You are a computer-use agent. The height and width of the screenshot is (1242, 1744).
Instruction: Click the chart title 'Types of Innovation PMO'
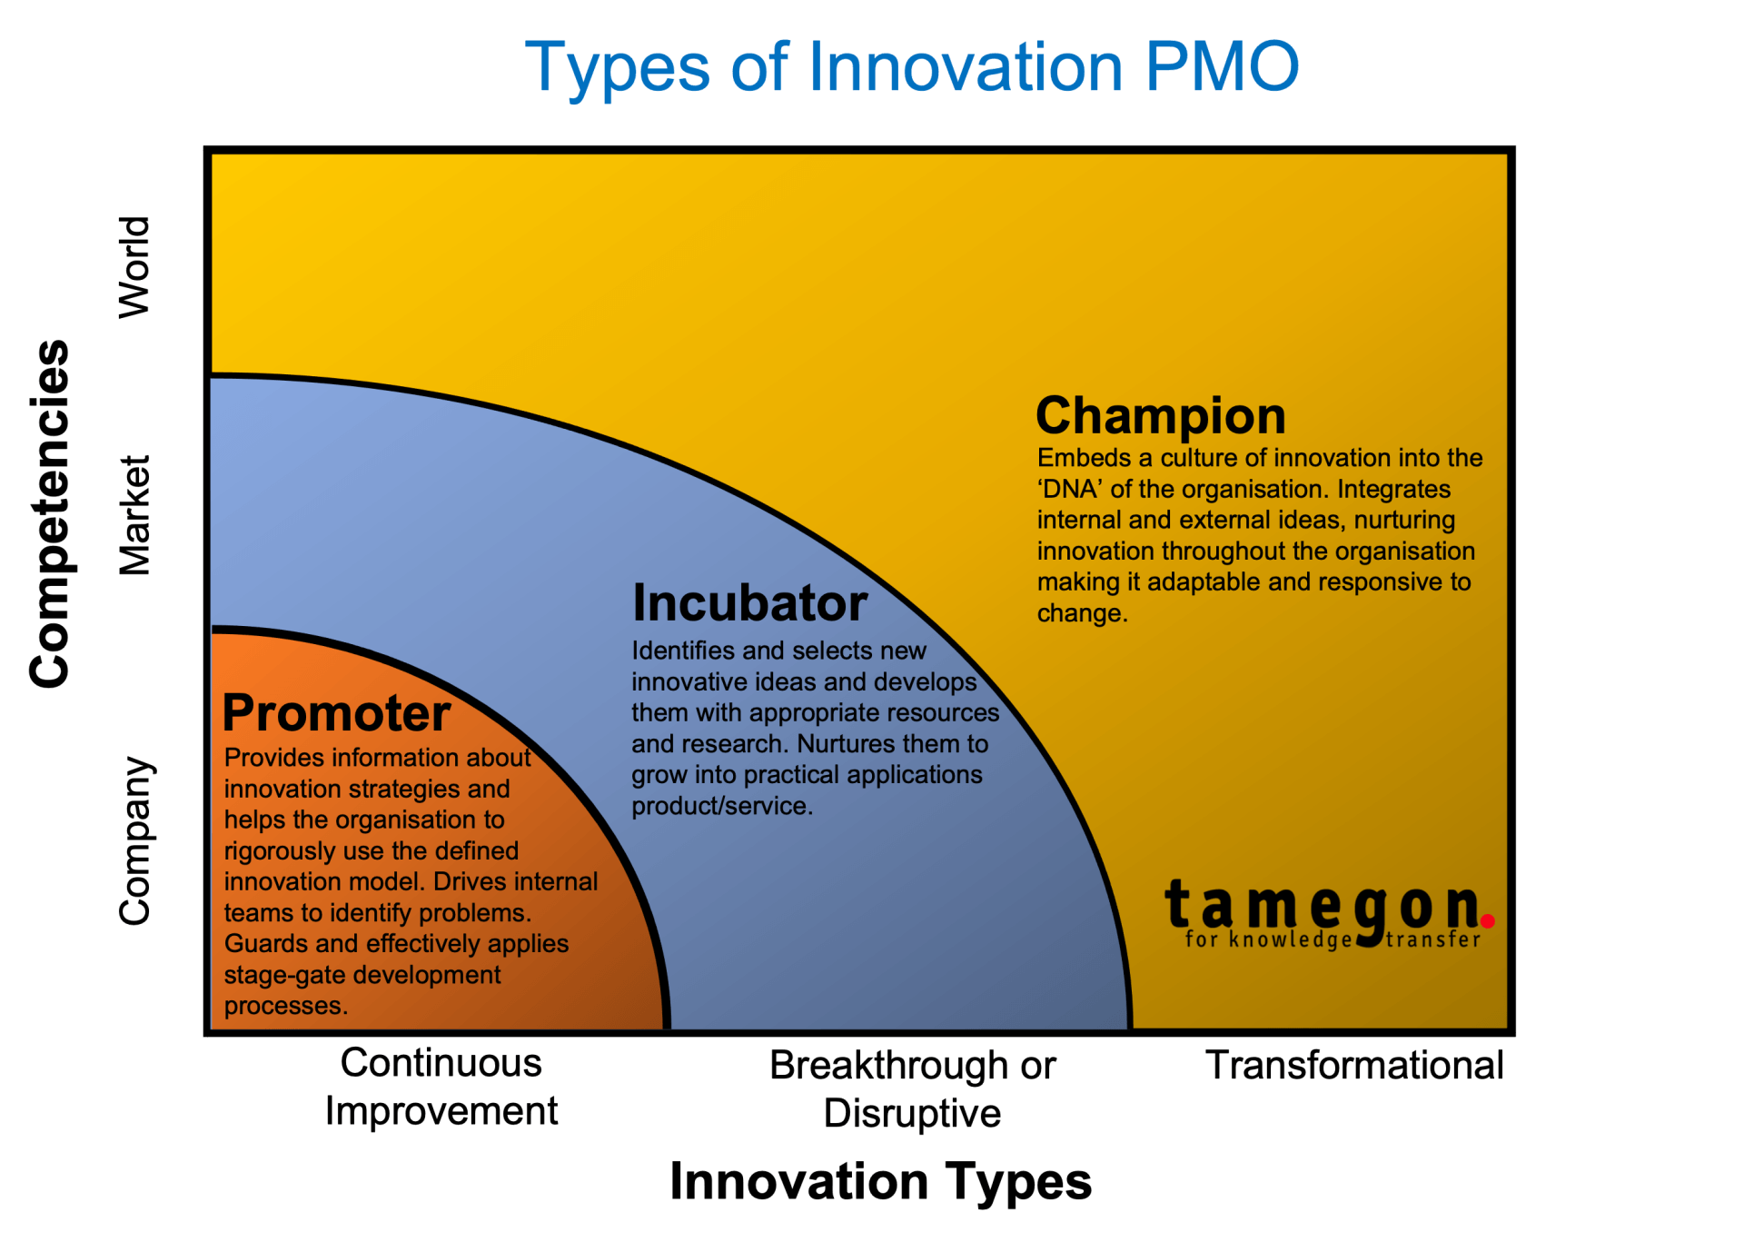pos(912,67)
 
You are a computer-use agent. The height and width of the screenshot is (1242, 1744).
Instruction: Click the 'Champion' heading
pos(1160,416)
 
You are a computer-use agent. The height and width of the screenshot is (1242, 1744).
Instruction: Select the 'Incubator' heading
pos(749,603)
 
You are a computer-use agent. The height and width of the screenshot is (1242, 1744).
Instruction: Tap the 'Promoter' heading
pos(336,713)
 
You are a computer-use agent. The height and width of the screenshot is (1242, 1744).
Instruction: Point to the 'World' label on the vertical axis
pos(134,268)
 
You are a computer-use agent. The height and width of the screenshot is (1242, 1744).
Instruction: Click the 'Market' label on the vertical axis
pos(134,515)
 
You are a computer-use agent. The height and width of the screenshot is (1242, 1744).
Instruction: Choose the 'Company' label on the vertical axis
pos(134,840)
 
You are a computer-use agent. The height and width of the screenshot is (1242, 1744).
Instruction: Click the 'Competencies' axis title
pos(49,514)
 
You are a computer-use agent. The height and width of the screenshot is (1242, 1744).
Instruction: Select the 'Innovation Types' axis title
pos(880,1182)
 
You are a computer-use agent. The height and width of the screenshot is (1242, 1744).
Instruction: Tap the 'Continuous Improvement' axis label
pos(441,1088)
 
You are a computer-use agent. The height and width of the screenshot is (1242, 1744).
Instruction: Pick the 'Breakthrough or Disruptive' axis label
pos(912,1089)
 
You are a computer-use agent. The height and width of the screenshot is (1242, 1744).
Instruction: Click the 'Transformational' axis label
pos(1353,1066)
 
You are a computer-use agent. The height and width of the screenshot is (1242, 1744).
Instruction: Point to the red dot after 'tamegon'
pos(1487,921)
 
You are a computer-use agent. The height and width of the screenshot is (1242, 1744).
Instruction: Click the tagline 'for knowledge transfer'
pos(1333,940)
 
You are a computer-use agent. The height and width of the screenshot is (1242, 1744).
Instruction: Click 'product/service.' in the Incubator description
pos(722,806)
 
